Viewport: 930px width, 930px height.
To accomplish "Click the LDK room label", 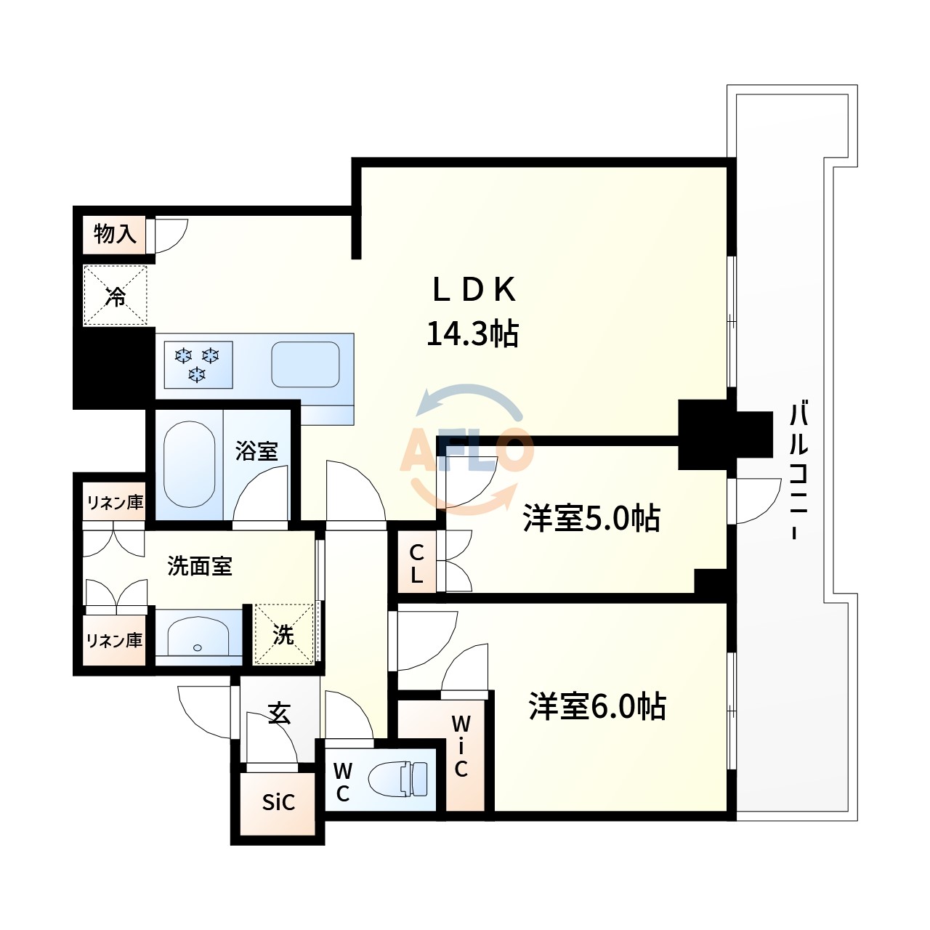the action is tap(474, 290).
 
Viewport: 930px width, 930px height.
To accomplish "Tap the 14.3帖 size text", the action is tap(472, 333).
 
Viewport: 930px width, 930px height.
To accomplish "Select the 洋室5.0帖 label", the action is tap(591, 518).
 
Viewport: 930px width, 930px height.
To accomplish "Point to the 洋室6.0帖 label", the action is tap(597, 706).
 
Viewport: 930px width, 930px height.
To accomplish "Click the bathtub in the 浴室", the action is tap(189, 464).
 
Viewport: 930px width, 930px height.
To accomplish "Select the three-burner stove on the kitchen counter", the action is tap(198, 365).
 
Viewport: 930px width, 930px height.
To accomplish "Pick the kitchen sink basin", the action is tap(305, 365).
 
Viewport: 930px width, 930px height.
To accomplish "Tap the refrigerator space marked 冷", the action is tap(116, 296).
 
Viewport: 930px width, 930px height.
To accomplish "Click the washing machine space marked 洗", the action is tap(284, 634).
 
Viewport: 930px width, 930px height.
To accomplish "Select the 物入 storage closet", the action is tap(114, 235).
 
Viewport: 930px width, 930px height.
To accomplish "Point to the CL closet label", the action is tap(416, 564).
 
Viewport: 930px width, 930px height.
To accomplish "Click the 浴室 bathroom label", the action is tap(256, 450).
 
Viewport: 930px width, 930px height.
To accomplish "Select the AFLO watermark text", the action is tap(466, 449).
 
